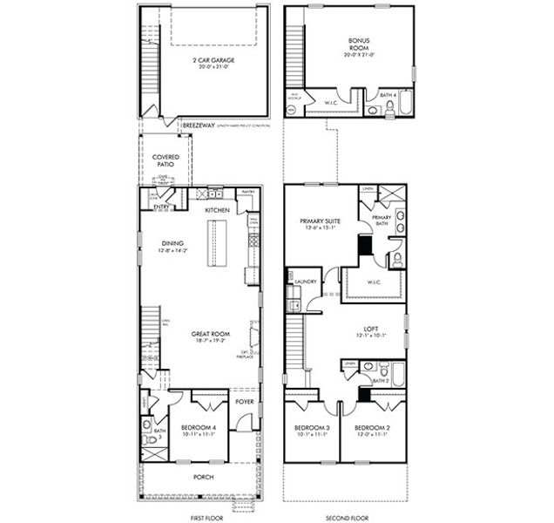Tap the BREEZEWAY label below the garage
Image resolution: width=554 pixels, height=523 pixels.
coord(198,125)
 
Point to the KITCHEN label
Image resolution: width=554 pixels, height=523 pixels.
coord(217,211)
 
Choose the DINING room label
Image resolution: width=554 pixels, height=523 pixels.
coord(172,243)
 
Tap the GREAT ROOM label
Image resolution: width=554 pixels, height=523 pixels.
coord(209,333)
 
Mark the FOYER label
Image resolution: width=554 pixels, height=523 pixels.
coord(245,402)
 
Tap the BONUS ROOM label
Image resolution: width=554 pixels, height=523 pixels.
coord(359,44)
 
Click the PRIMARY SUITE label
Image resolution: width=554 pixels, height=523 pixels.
coord(320,222)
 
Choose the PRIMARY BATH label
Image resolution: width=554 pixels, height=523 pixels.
coord(382,221)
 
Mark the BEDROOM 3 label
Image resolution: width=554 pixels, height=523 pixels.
coord(310,428)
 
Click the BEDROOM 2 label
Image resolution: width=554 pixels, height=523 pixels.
coord(372,428)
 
